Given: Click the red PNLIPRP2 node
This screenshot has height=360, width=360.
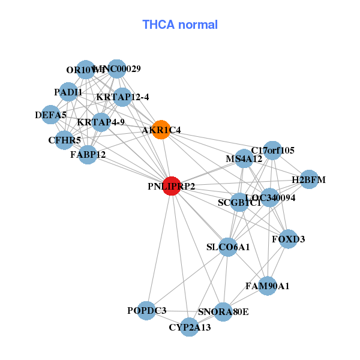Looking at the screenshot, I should (172, 186).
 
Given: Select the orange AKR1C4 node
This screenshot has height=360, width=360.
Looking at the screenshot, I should (161, 130).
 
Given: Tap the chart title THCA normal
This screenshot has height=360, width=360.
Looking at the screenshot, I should (180, 25).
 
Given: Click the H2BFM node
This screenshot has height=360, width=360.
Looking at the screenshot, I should (308, 179).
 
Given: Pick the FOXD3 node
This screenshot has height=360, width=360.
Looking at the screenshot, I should (288, 239).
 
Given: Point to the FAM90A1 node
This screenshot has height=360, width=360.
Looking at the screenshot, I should (268, 286).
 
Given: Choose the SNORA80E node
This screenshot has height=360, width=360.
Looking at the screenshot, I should (223, 311).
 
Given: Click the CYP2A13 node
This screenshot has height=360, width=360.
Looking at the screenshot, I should (190, 327).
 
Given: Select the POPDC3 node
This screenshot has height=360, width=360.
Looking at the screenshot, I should (146, 310).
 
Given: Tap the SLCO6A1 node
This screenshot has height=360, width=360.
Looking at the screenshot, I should (227, 247).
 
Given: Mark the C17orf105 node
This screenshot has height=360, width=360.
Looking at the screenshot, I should (273, 150).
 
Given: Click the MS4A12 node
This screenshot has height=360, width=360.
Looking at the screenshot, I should (244, 159).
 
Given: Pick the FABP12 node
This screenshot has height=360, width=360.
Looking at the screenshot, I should (88, 154).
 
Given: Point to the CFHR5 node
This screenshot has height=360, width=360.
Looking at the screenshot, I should (65, 140).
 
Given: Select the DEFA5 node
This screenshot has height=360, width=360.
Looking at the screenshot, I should (51, 114).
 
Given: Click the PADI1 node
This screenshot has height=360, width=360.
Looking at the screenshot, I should (68, 92).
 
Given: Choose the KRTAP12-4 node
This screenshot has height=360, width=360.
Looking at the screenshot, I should (122, 97).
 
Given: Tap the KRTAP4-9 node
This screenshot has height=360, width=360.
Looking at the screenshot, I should (101, 122).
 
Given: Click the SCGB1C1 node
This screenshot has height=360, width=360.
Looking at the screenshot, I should (239, 202).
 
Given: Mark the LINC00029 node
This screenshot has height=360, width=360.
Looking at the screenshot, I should (116, 69).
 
